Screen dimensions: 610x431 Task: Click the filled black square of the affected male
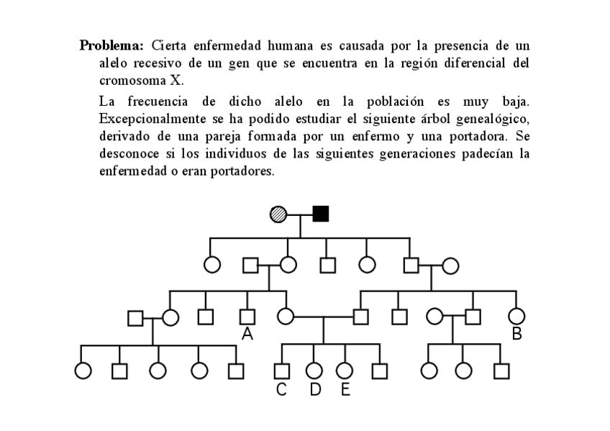tap(321, 214)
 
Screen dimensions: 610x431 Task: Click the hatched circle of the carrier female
tap(278, 214)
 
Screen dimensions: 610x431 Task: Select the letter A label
tap(247, 334)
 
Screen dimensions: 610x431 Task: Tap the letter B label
tap(516, 334)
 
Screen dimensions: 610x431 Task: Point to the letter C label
tap(282, 390)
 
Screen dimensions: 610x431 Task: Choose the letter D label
tap(314, 390)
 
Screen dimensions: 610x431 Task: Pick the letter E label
tap(345, 390)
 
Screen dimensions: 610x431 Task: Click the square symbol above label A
tap(247, 315)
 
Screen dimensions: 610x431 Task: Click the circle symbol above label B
tap(516, 315)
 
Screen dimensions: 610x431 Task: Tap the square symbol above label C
tap(282, 371)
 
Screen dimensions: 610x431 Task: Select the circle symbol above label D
tap(314, 371)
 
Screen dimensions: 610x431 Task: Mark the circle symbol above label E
tap(345, 371)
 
